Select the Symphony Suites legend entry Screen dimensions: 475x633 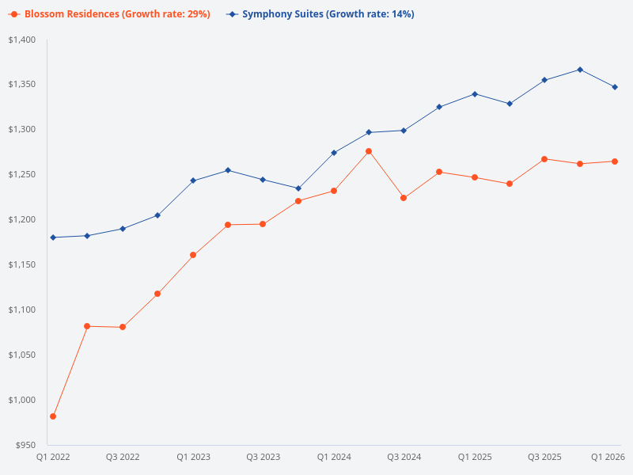pyautogui.click(x=320, y=14)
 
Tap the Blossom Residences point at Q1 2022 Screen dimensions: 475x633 pyautogui.click(x=53, y=416)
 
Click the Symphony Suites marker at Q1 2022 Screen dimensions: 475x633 pyautogui.click(x=53, y=237)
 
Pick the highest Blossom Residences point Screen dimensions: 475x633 pyautogui.click(x=369, y=151)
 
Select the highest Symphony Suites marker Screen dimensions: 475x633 pyautogui.click(x=580, y=70)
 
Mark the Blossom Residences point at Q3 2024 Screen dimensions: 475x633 pyautogui.click(x=404, y=198)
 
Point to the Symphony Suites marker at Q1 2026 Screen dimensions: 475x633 pyautogui.click(x=615, y=87)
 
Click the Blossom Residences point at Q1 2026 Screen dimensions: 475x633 pyautogui.click(x=615, y=161)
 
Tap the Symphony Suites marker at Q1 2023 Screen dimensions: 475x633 pyautogui.click(x=193, y=180)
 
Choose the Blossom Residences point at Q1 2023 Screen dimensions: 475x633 pyautogui.click(x=193, y=255)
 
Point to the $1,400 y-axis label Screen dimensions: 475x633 pyautogui.click(x=22, y=40)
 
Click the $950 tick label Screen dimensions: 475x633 pyautogui.click(x=25, y=445)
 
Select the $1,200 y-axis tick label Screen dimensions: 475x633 pyautogui.click(x=22, y=219)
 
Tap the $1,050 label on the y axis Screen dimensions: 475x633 pyautogui.click(x=22, y=355)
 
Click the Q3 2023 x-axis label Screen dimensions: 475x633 pyautogui.click(x=263, y=458)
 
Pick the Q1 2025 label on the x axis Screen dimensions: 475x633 pyautogui.click(x=475, y=458)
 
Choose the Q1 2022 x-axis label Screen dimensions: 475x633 pyautogui.click(x=53, y=458)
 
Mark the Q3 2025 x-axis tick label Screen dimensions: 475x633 pyautogui.click(x=544, y=458)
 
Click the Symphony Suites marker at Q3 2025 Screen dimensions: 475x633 pyautogui.click(x=544, y=80)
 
